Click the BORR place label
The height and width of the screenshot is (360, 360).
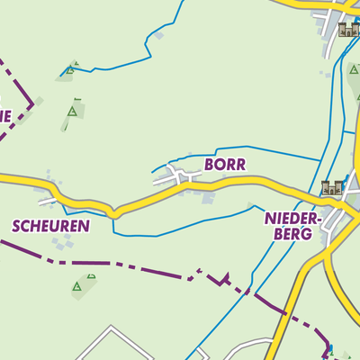click(x=224, y=165)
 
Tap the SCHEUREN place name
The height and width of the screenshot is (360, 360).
click(x=50, y=226)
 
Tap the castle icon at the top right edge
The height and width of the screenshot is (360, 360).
click(x=348, y=30)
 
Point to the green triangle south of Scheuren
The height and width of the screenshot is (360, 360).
click(x=76, y=286)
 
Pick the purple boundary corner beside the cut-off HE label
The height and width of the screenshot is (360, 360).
click(x=33, y=104)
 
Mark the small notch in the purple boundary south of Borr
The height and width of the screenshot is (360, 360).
click(x=222, y=277)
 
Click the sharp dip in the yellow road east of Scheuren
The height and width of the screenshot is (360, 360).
click(x=112, y=214)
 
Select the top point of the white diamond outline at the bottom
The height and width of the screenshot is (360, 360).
click(x=113, y=328)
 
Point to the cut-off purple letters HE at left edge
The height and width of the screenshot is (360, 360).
click(x=4, y=115)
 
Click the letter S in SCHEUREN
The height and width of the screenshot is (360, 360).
click(x=16, y=226)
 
